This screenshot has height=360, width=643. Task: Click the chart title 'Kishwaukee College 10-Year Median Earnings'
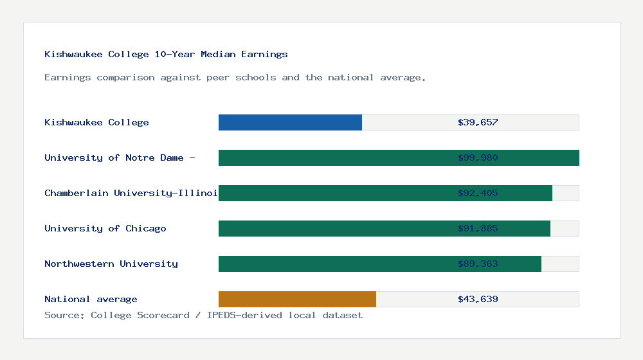tap(166, 55)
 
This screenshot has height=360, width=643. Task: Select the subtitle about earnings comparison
tap(235, 78)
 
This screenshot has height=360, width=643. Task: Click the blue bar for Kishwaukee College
tap(290, 123)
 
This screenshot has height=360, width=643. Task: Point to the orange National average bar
tap(297, 300)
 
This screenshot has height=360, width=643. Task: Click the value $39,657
tap(478, 123)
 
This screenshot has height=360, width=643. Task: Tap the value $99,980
tap(478, 158)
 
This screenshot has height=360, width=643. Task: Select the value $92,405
tap(478, 194)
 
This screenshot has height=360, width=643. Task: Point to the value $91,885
tap(478, 229)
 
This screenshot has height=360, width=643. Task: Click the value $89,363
tap(478, 264)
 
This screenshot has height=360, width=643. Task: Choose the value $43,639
tap(478, 300)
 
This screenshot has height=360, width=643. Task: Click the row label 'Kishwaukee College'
tap(96, 123)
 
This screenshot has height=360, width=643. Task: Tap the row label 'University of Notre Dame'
tap(120, 158)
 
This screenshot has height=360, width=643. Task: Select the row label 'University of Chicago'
tap(105, 229)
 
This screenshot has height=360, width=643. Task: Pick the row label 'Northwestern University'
tap(111, 264)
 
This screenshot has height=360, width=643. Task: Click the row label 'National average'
tap(91, 300)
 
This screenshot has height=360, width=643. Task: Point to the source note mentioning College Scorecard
tap(203, 316)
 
